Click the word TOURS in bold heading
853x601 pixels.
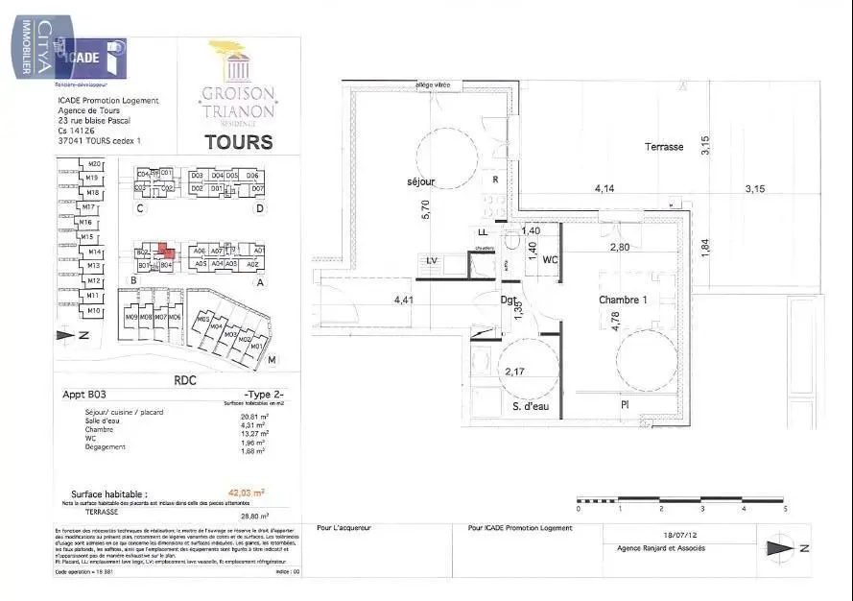coord(238,143)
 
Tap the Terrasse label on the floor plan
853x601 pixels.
coord(664,147)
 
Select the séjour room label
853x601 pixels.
coord(420,181)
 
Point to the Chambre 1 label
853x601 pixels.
coord(624,300)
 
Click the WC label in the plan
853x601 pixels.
coord(551,260)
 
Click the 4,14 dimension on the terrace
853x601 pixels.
coord(604,189)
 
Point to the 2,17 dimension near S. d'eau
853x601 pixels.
coord(514,372)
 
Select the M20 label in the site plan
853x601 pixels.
coord(93,165)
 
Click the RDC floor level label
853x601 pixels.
coord(184,380)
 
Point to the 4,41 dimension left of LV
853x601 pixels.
coord(404,300)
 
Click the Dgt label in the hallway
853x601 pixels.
coord(509,300)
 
